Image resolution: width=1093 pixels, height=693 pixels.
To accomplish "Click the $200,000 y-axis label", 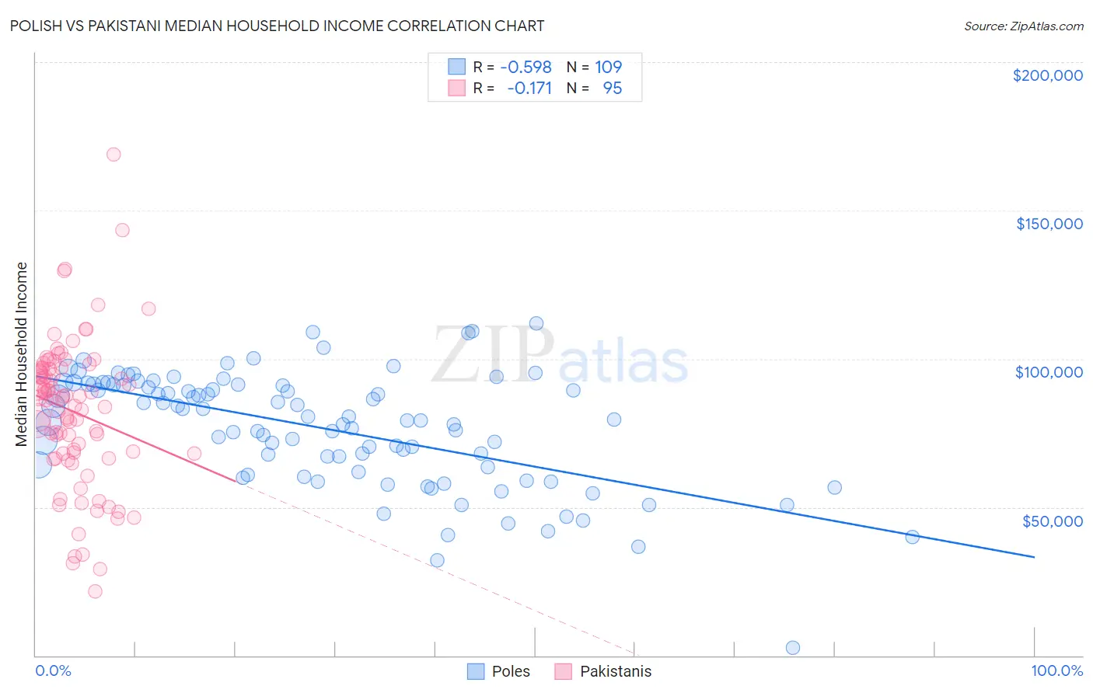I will [1047, 75].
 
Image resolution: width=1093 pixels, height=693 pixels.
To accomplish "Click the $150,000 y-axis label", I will [1049, 224].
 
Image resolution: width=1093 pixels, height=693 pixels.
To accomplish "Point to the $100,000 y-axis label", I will [1049, 372].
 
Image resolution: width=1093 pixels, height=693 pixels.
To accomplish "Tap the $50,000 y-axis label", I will [1052, 521].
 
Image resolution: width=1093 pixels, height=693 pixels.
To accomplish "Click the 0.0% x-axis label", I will [53, 670].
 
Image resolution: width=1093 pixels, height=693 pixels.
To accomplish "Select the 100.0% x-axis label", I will [1056, 670].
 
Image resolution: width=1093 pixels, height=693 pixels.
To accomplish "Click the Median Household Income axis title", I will [21, 354].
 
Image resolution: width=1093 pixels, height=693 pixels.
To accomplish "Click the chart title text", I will [277, 26].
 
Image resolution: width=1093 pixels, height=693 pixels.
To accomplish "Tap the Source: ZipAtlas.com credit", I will [1023, 26].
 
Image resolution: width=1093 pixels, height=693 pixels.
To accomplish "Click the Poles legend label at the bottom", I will [511, 671].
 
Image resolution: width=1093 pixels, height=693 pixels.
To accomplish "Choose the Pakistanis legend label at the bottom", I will [616, 671].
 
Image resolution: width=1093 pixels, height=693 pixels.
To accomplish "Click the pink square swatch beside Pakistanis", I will [563, 671].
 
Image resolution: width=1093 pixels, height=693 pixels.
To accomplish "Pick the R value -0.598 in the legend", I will [526, 67].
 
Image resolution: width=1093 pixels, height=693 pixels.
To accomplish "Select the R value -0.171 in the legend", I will [529, 89].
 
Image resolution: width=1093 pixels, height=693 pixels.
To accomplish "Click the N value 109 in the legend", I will [609, 67].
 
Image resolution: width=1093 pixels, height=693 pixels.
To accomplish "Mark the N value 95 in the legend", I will [613, 89].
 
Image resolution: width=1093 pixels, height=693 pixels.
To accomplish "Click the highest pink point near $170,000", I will [113, 155].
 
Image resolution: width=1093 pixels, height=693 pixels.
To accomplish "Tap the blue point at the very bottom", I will [793, 648].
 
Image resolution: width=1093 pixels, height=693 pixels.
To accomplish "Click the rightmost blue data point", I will [913, 537].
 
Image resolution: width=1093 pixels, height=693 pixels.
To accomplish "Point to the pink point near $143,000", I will [122, 230].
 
